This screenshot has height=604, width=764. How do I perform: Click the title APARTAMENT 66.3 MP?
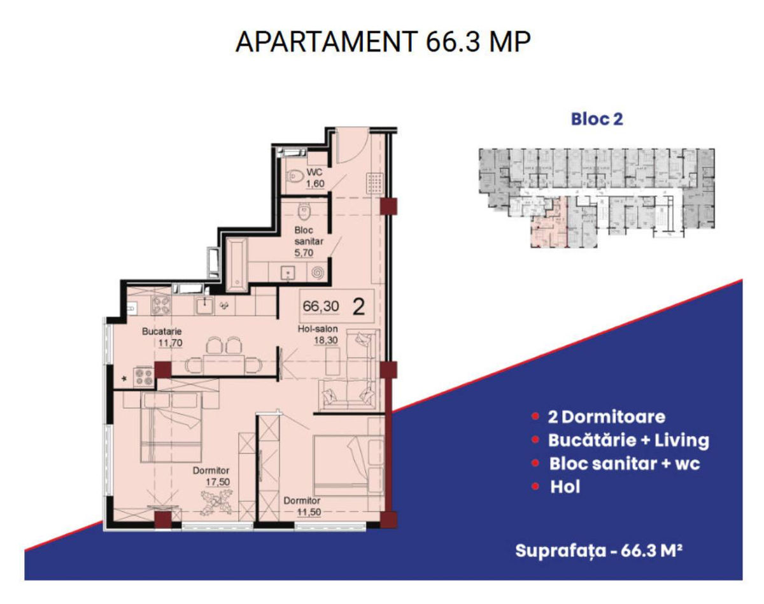pos(383,42)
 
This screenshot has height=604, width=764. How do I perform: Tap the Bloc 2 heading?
pos(597,119)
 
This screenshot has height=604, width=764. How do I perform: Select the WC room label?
pos(315,172)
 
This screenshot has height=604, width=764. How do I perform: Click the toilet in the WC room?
pos(295,176)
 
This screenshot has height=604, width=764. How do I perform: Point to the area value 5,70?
pos(304,253)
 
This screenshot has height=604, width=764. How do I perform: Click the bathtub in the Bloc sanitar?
pos(237,265)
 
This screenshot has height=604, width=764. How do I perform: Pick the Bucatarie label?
pos(162,332)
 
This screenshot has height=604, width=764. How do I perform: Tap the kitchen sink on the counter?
pos(204,306)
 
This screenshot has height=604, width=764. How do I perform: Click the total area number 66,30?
pos(321,306)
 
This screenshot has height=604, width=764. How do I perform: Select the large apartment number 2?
pos(359,307)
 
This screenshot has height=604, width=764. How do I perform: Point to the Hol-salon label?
pos(318,329)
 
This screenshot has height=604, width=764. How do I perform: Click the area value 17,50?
pos(218,482)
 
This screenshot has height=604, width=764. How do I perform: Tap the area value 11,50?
pos(309,512)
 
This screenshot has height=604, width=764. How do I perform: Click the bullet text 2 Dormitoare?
pos(606,417)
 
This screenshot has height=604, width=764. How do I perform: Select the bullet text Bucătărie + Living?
pos(628,440)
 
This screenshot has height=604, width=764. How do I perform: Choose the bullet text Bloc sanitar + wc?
pos(625,463)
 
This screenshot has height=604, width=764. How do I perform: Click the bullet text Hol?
pos(565,487)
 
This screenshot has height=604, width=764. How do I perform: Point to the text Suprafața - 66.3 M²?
pos(599,551)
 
